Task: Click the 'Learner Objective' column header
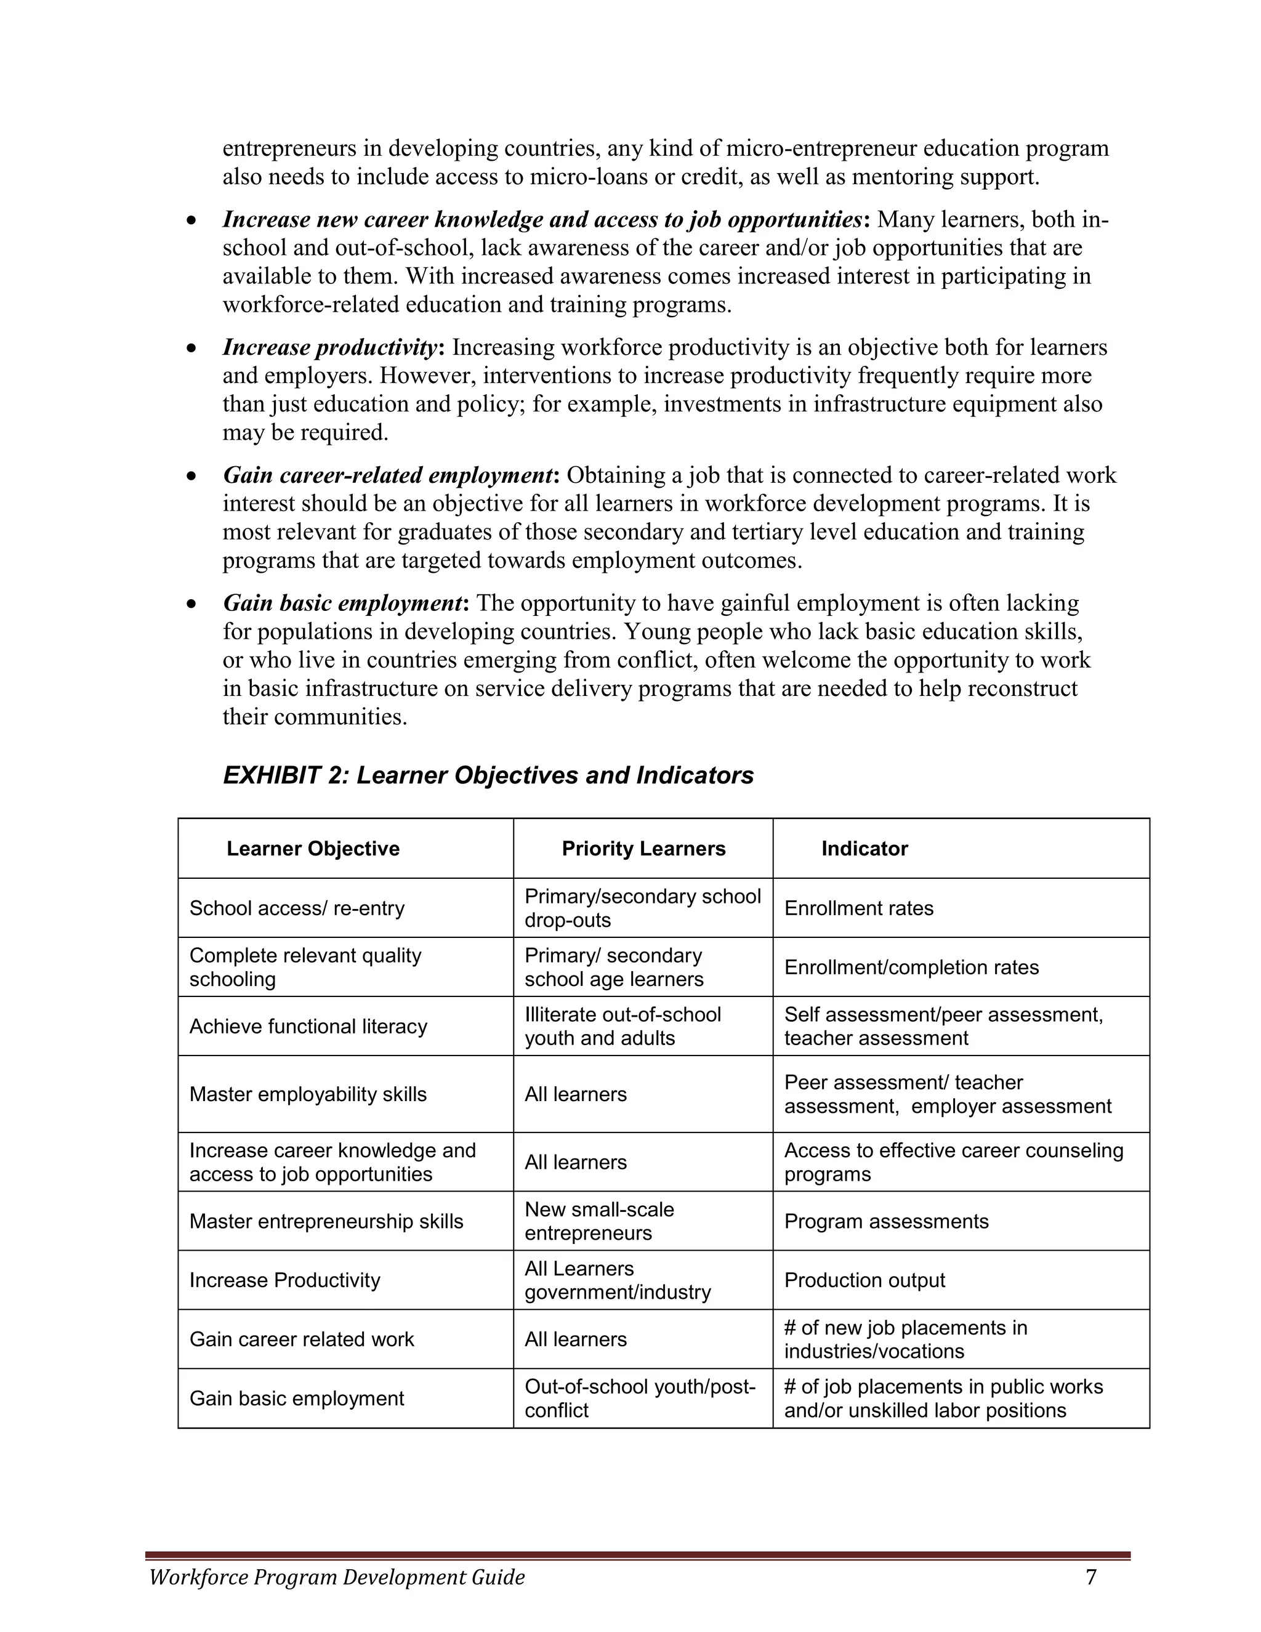click(313, 848)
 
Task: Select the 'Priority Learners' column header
click(643, 848)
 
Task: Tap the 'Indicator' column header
click(864, 848)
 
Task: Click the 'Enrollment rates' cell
click(858, 908)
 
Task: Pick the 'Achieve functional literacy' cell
click(308, 1026)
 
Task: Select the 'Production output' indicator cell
click(864, 1280)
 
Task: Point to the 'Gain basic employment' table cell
click(297, 1398)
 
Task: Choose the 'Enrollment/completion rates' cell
click(911, 967)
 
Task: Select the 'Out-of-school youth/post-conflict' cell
click(640, 1398)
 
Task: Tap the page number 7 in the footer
click(1090, 1577)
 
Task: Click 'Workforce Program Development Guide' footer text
click(337, 1577)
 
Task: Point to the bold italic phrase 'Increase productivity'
click(329, 347)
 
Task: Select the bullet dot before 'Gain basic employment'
click(192, 603)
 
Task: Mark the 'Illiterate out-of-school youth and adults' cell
click(622, 1026)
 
